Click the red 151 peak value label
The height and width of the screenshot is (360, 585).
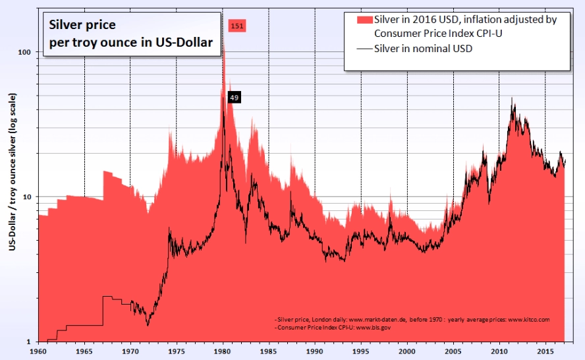tap(237, 26)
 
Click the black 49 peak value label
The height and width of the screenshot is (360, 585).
tap(234, 98)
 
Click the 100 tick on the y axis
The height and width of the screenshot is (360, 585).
tap(26, 52)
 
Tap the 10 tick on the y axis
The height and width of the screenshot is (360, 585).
tap(28, 197)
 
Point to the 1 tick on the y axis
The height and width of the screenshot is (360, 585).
tap(31, 342)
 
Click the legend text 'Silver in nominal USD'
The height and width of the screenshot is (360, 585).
tap(423, 49)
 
